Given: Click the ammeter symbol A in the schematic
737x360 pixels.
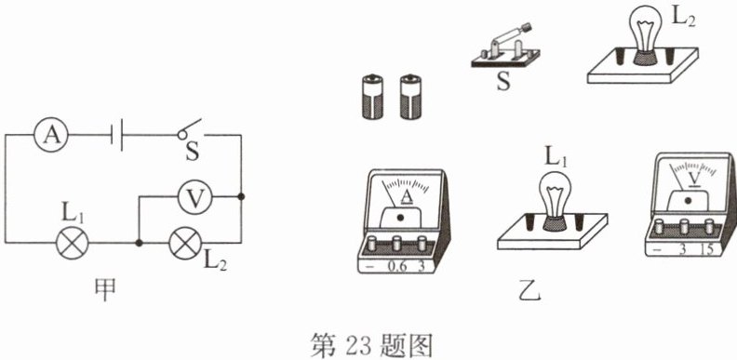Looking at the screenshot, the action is coord(51,135).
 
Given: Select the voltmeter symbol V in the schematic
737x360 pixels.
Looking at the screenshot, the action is coord(195,197).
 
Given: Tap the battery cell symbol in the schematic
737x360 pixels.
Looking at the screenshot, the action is coord(117,135).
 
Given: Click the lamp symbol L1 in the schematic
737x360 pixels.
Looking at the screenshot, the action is coord(73,243).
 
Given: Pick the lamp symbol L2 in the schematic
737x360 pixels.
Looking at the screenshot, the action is coord(185,243).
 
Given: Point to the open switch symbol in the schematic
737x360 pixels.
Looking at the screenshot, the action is coord(191,129).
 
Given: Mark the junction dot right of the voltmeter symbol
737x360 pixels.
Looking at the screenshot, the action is coord(241,196).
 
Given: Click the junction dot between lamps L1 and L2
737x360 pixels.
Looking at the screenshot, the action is coord(139,243).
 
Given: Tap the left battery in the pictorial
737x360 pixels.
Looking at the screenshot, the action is coord(372,97).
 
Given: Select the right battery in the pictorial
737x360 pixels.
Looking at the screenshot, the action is coord(410,97).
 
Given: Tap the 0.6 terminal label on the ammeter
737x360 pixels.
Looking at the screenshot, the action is coord(396,266).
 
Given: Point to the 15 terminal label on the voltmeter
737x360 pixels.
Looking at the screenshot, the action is coord(705,249).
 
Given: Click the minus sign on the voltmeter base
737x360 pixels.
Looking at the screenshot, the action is coord(657,249).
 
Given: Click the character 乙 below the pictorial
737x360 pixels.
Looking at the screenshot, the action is coord(533,292).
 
